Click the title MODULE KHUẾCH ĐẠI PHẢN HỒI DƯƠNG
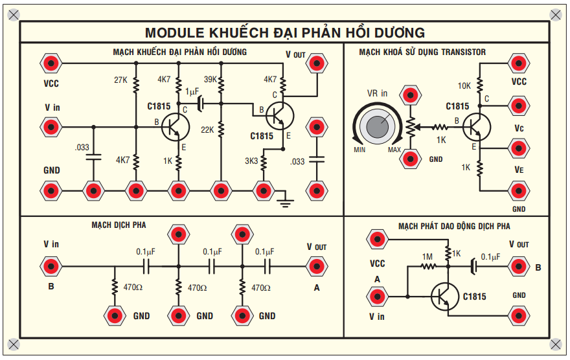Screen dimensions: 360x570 (x=285, y=32)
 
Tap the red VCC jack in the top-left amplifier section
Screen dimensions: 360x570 (x=51, y=63)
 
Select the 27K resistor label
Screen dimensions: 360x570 (x=120, y=80)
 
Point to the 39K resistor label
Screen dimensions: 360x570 (x=211, y=80)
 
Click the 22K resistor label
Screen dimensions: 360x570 (x=207, y=129)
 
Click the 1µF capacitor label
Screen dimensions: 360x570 (x=192, y=91)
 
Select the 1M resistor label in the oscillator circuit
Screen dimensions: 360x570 (x=427, y=257)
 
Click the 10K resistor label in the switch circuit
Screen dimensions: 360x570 (x=464, y=85)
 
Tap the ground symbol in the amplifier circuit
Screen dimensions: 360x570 (x=284, y=201)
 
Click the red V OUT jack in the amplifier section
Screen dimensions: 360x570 (x=316, y=63)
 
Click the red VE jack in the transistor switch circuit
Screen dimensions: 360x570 (x=518, y=191)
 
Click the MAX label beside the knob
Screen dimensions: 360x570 (x=394, y=150)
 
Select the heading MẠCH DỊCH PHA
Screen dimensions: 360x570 (x=119, y=225)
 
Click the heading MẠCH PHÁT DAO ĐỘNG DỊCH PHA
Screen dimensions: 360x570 (x=454, y=226)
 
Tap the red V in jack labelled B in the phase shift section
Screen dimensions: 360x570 (x=51, y=265)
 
